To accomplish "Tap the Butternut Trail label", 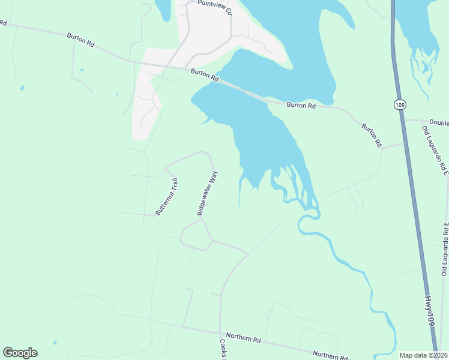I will click(x=167, y=197).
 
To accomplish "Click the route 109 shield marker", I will click(x=399, y=104).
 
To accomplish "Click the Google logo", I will click(x=20, y=353).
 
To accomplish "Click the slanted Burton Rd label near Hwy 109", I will click(x=371, y=135).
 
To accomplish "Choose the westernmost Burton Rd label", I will click(x=81, y=40).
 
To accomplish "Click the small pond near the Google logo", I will click(x=55, y=343).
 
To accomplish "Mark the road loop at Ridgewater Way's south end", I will click(x=195, y=235).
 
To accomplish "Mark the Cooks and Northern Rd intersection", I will click(x=221, y=333).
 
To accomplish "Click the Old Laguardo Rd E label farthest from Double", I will click(x=445, y=249).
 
